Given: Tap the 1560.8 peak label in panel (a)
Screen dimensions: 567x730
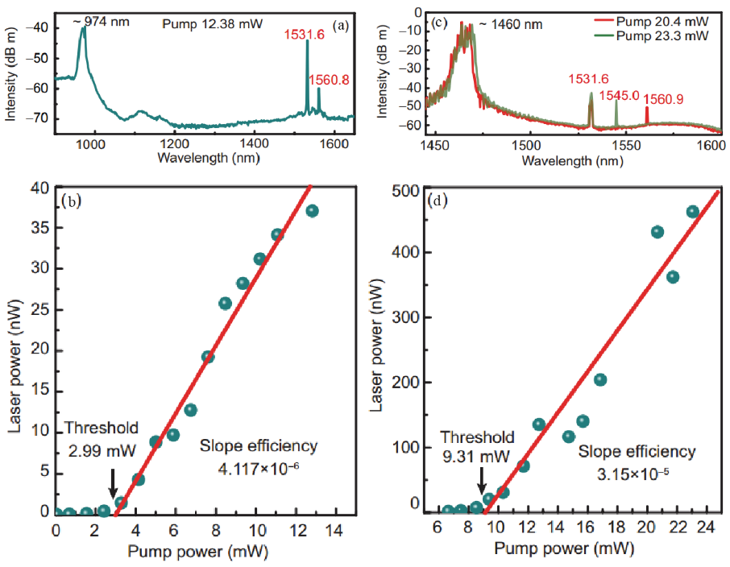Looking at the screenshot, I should [328, 80].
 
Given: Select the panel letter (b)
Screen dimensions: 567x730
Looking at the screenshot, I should [72, 201].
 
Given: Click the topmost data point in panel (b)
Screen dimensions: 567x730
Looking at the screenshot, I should [312, 211].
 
